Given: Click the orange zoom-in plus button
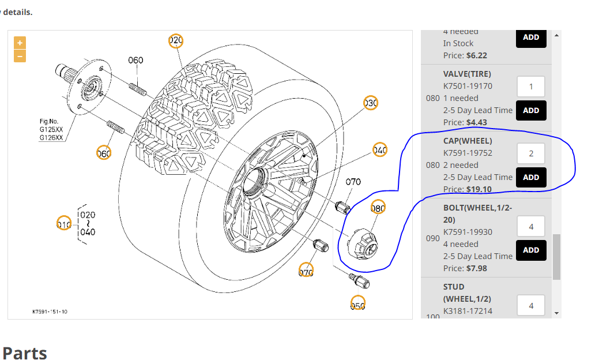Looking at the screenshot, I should [20, 43].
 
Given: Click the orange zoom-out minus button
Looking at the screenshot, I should [20, 56].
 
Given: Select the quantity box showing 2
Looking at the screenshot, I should [531, 153].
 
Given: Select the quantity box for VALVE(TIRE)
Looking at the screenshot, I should [531, 87].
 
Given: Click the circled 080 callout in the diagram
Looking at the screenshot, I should [378, 208].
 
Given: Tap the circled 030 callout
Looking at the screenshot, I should [370, 103].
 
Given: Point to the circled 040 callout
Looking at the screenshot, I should [379, 150].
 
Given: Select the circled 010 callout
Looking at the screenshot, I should [63, 223].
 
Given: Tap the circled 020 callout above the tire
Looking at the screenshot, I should [176, 40].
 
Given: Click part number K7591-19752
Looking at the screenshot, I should [468, 153].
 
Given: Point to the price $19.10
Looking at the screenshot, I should [479, 189].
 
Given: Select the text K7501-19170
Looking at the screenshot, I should [468, 86].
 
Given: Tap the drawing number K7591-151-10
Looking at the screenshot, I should [50, 312].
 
